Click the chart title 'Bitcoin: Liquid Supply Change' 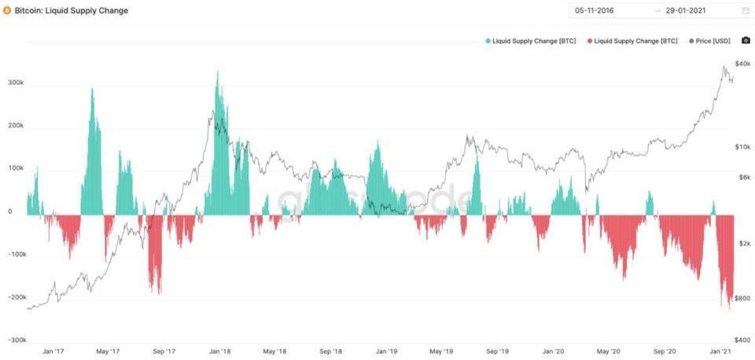click(72, 11)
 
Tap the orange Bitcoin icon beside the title click(7, 11)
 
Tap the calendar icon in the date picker click(745, 11)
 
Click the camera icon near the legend click(746, 40)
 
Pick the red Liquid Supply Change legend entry click(635, 40)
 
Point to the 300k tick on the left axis click(16, 83)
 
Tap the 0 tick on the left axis click(10, 211)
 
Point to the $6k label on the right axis click(743, 177)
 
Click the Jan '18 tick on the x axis click(219, 352)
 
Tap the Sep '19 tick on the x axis click(497, 352)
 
